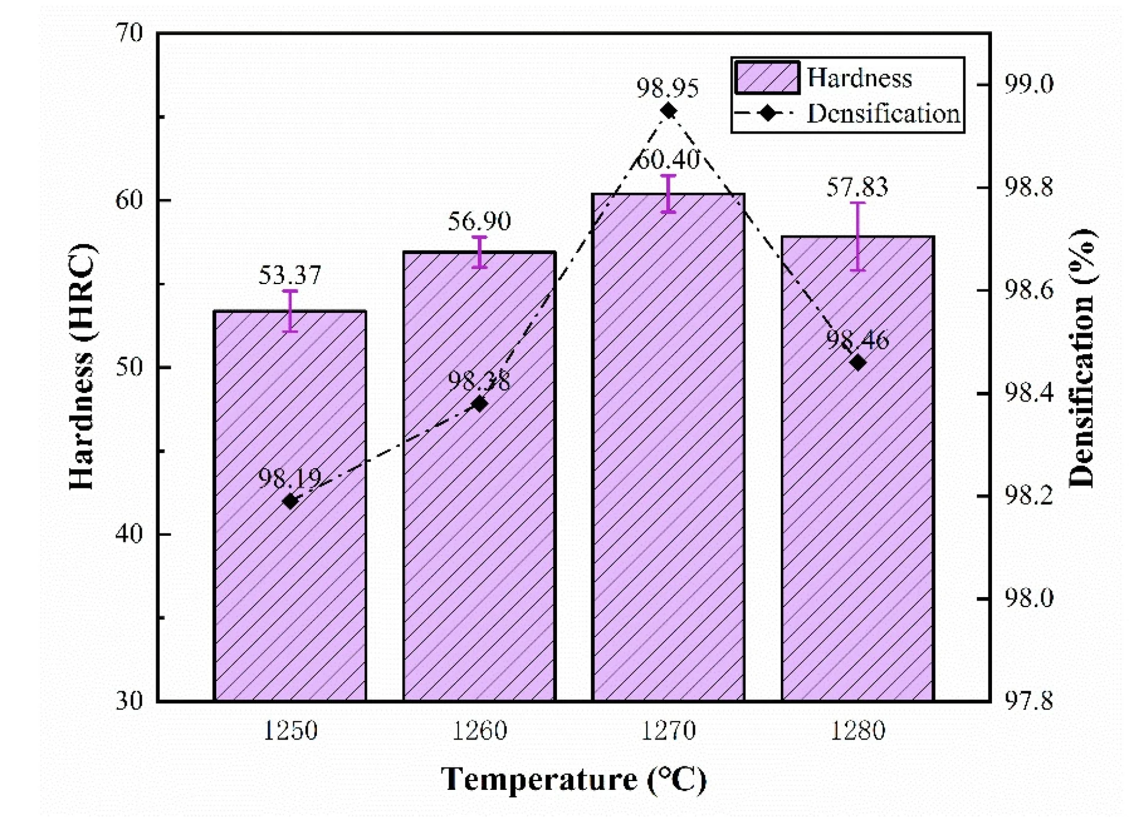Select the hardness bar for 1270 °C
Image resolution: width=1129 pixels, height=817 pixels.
668,471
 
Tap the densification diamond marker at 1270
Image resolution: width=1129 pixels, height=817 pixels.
668,111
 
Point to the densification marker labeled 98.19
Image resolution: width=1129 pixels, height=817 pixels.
290,501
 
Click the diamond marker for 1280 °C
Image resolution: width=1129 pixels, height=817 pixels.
858,363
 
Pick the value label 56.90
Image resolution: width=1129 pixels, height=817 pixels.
479,221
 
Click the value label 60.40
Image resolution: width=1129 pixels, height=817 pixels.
668,159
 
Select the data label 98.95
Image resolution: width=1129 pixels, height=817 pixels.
667,88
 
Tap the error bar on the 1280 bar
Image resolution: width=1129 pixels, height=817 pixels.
858,236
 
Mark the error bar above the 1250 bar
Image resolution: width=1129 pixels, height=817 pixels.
290,311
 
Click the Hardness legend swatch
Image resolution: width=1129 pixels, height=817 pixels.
767,78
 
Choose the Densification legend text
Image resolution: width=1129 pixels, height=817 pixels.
883,113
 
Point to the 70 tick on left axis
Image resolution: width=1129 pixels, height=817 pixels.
129,33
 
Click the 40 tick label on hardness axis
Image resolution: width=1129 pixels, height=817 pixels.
129,533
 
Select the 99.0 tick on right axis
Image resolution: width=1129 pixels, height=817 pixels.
1028,84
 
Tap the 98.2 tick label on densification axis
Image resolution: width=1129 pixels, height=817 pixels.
1028,496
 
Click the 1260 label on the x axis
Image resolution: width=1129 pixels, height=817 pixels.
479,731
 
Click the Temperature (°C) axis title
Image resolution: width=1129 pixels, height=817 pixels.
573,779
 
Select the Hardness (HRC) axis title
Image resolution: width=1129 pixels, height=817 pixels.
81,366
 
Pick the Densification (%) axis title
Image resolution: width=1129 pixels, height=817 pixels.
1081,359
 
